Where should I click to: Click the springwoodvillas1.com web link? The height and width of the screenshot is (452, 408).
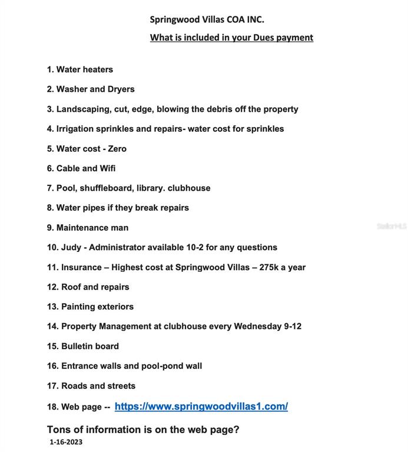coord(201,407)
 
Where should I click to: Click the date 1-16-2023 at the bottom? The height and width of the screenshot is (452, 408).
coord(66,442)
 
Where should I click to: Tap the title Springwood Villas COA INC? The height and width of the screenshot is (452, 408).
coord(207,19)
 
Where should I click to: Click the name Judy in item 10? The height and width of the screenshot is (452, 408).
coord(72,247)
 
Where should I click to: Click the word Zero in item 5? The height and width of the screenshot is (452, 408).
coord(117,149)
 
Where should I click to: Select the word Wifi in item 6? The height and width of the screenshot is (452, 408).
coord(108,168)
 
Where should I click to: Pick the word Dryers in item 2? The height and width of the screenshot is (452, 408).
coord(121,89)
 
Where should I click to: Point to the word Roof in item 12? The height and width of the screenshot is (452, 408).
coord(71,287)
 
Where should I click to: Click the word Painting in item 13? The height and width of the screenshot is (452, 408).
coord(78,307)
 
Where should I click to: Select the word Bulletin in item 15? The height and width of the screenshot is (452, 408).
coord(77,346)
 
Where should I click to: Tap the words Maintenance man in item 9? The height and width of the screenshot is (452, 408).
coord(92,228)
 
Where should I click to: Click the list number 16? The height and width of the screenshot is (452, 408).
coord(52,366)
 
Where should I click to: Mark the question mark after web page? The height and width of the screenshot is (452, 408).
coord(236,430)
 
